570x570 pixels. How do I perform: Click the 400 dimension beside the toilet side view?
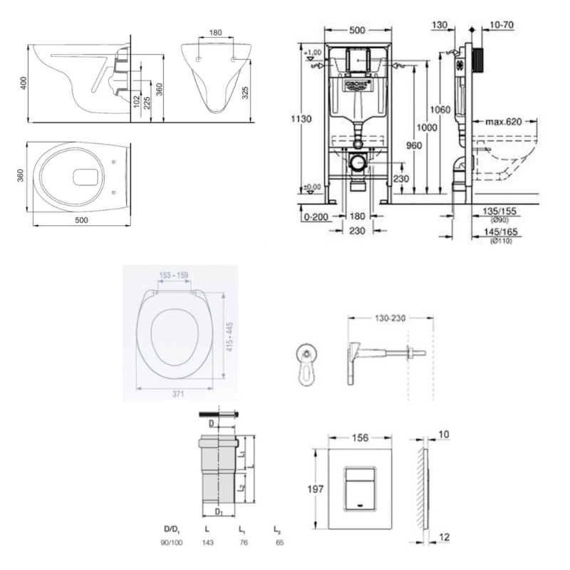tap(24, 82)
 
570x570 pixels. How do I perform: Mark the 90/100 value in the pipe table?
tap(175, 543)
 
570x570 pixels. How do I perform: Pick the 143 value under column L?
tap(207, 543)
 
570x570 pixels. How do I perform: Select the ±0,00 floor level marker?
tap(311, 187)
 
